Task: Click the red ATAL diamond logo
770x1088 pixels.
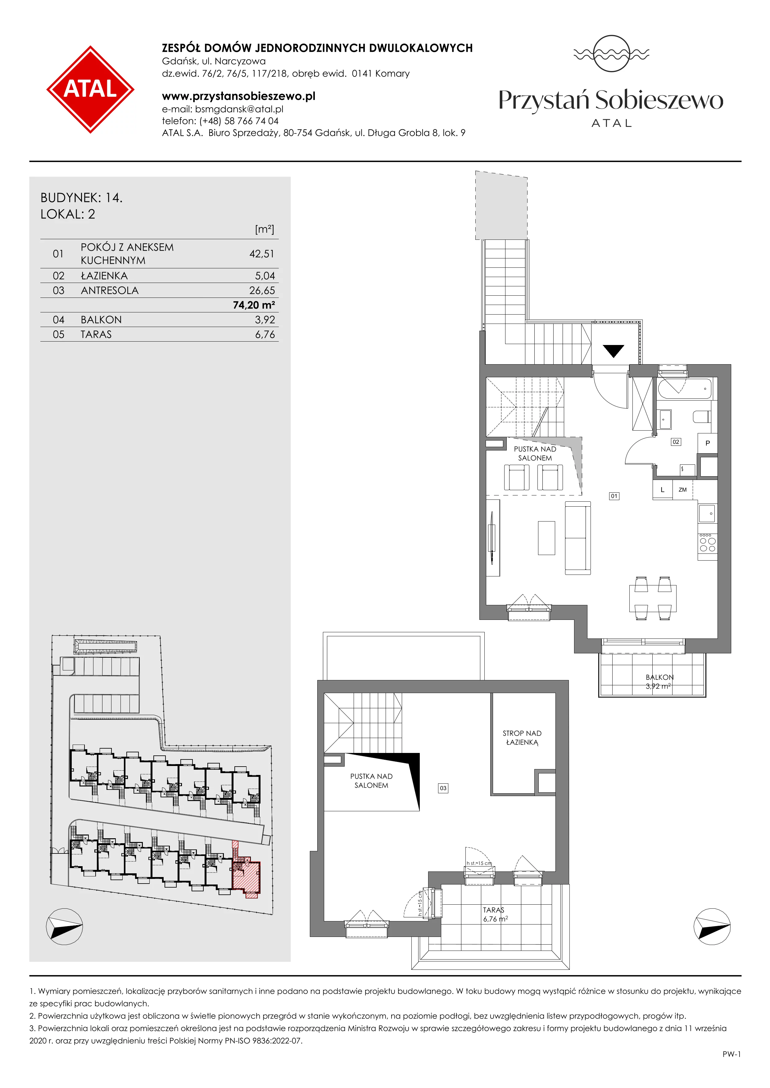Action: (x=90, y=89)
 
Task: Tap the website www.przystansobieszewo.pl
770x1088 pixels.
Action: (x=238, y=96)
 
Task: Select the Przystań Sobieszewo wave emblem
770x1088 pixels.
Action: (x=611, y=54)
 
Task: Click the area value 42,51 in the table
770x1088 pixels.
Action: (x=262, y=254)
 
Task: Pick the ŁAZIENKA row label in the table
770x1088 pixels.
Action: (x=104, y=276)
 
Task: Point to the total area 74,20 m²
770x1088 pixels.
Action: (x=254, y=305)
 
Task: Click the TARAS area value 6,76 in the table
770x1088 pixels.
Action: (x=265, y=334)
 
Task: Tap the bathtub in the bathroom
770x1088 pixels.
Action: (x=685, y=390)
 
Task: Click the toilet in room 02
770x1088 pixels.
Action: (x=702, y=417)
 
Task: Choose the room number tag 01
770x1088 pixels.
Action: (x=614, y=496)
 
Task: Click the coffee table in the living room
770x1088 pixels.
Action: (x=547, y=538)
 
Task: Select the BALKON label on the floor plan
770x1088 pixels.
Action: (x=659, y=678)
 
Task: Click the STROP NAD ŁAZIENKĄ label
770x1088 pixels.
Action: (x=522, y=738)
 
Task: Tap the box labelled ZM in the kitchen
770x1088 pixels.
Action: (x=683, y=490)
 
